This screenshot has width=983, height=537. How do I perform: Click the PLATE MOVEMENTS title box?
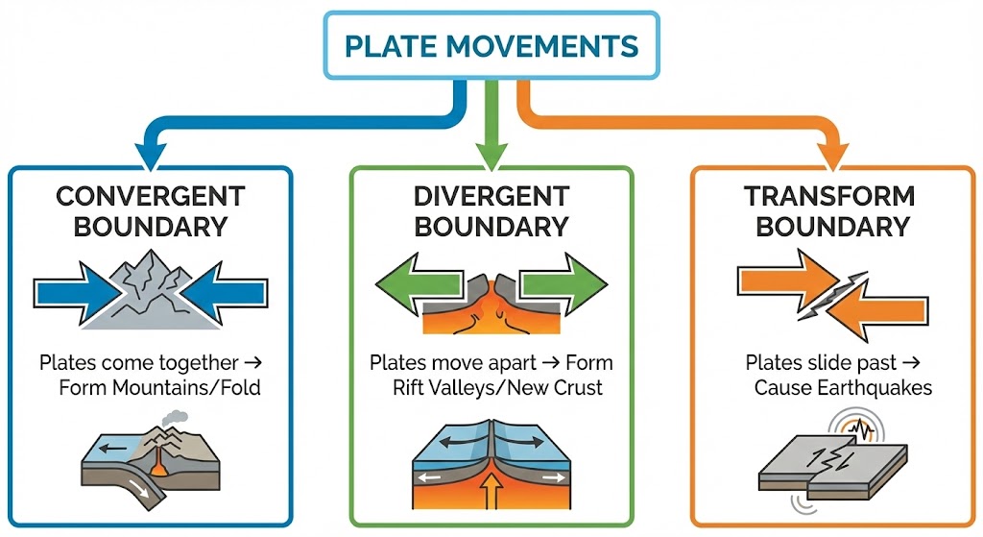491,45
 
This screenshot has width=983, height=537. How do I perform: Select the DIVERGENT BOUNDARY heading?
491,211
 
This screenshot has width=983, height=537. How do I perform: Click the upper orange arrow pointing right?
778,278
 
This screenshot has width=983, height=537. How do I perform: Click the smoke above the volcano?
172,420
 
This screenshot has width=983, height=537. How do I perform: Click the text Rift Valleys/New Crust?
491,388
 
